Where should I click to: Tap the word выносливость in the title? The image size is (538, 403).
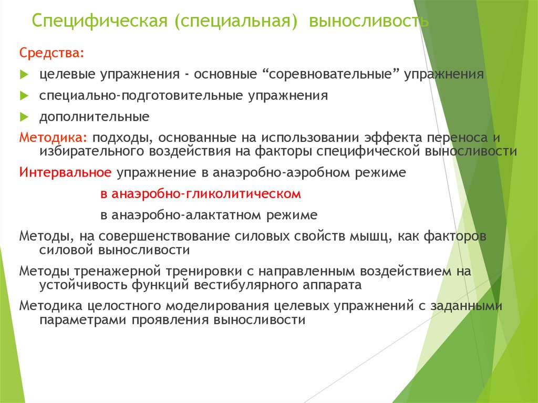tap(369, 22)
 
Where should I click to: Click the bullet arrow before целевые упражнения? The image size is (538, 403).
tap(24, 75)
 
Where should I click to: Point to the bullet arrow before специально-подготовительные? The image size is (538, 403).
tap(24, 96)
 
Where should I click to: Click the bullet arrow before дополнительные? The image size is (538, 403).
tap(24, 117)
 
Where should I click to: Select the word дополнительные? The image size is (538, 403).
tap(94, 117)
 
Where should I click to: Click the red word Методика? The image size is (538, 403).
tap(54, 138)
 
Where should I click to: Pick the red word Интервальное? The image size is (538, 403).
tap(65, 173)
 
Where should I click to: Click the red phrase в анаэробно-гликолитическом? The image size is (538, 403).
tap(201, 194)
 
